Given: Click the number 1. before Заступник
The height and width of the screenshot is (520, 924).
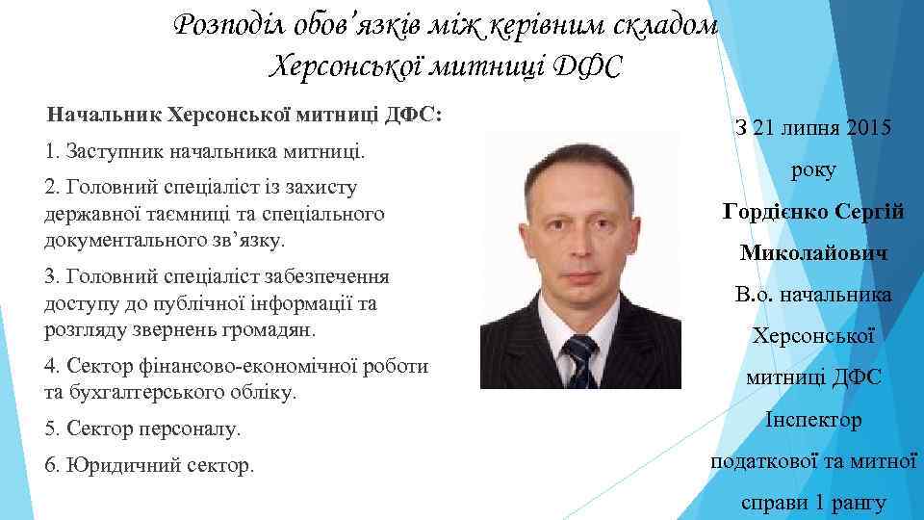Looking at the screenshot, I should click(x=51, y=152).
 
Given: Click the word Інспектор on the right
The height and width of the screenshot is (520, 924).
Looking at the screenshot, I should click(x=813, y=420).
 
